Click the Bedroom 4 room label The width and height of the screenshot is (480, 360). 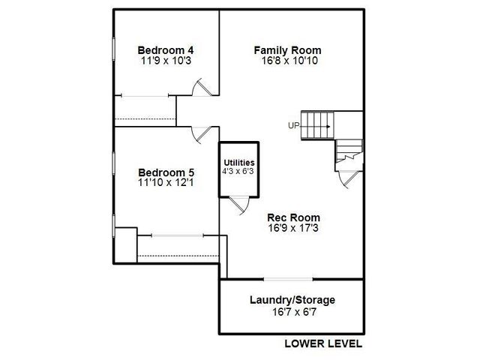click(166, 50)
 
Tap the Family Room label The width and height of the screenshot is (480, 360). click(288, 50)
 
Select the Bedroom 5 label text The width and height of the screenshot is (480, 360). click(166, 172)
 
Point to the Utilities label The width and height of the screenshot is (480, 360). click(239, 163)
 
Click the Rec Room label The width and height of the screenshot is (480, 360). click(293, 217)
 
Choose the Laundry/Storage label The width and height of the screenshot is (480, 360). click(292, 300)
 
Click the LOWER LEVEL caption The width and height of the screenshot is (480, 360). click(323, 343)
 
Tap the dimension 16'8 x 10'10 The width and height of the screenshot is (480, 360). click(289, 61)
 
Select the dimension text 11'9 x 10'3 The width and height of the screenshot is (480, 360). click(166, 61)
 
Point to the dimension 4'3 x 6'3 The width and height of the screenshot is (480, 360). click(238, 171)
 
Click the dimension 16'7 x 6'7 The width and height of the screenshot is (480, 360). click(294, 312)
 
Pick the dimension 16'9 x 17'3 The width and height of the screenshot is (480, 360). click(293, 228)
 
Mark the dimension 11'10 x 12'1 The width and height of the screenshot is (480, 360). click(166, 183)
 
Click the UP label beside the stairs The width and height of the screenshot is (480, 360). click(293, 125)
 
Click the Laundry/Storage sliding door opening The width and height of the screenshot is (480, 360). click(288, 279)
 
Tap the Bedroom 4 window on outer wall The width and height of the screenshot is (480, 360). click(113, 48)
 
